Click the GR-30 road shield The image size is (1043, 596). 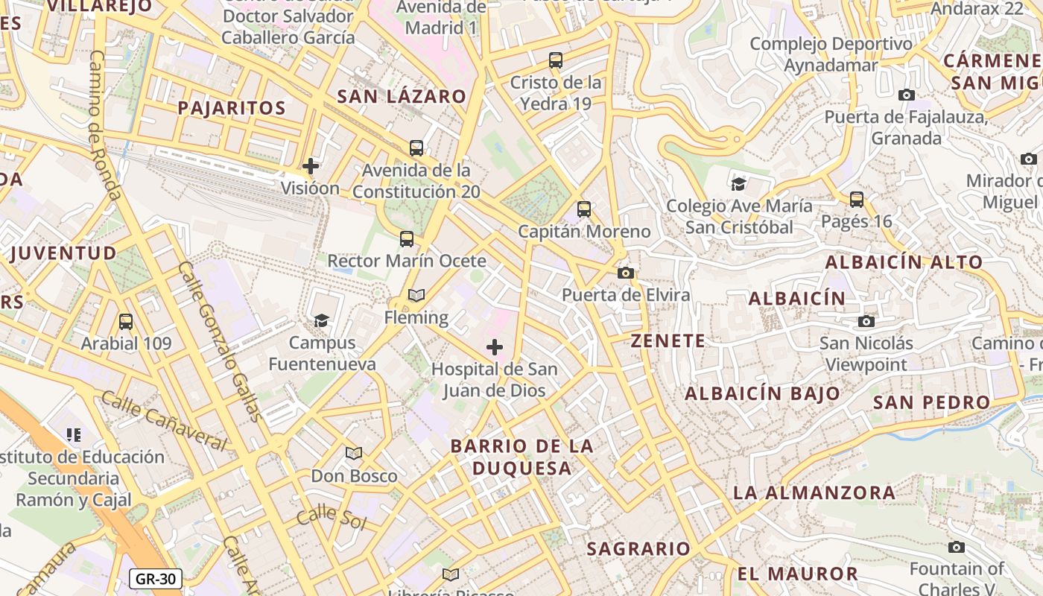(156, 578)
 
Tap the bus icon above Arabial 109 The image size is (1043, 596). (126, 322)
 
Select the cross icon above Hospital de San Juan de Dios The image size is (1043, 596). (495, 347)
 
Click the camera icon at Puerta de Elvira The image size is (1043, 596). (626, 273)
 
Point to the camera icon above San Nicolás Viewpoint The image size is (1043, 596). (866, 322)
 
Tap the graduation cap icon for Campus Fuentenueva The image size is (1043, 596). (321, 320)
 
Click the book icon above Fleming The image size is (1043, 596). (416, 296)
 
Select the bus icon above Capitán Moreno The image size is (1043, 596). (584, 209)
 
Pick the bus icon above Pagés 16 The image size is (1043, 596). (857, 200)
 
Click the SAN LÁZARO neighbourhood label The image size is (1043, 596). (402, 96)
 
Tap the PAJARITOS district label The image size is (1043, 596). (232, 108)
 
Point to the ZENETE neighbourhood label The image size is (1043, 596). (668, 341)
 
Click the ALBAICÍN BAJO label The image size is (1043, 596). (762, 393)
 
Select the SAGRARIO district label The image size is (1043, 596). (638, 549)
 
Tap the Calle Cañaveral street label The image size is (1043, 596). (163, 422)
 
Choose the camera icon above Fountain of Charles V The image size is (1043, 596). (957, 548)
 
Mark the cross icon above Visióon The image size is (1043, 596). (311, 166)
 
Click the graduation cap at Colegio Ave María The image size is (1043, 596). (738, 184)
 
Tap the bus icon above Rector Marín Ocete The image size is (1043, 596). (407, 239)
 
